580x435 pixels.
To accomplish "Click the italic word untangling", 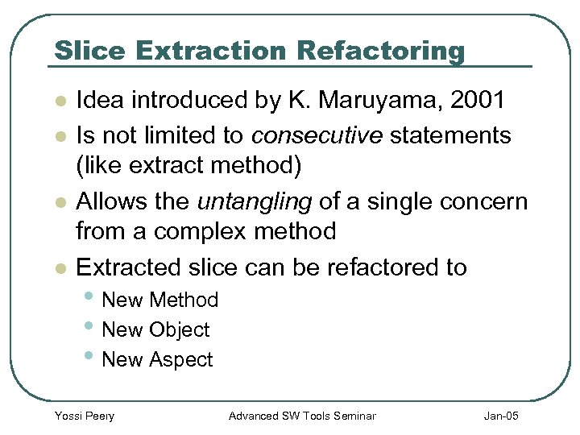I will [256, 201].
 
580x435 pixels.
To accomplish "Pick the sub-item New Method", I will [160, 300].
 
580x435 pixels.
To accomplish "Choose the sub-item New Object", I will [155, 330].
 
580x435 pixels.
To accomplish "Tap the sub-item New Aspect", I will [158, 360].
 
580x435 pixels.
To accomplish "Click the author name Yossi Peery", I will [84, 416].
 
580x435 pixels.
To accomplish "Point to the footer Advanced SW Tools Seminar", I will [302, 416].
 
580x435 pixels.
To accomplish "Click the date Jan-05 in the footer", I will [501, 416].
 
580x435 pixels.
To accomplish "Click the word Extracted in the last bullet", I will [131, 267].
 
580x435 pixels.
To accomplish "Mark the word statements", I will [450, 135].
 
